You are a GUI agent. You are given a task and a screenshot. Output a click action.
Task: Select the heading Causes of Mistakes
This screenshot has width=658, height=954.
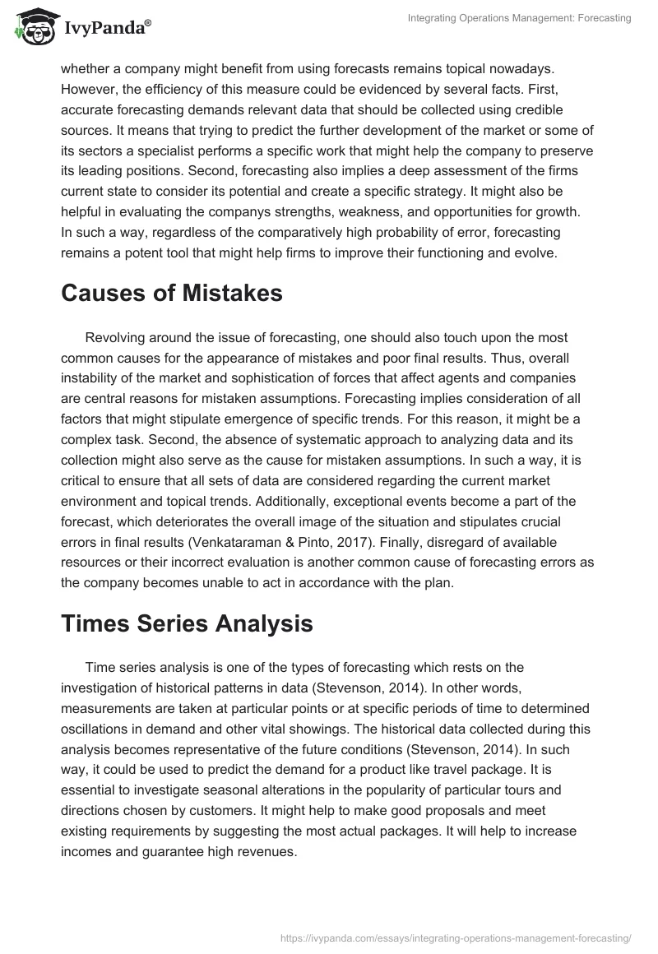coord(171,293)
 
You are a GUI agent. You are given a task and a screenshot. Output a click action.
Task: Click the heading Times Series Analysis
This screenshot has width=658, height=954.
coord(187,623)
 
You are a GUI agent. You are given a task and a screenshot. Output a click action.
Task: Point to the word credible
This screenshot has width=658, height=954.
coord(545,110)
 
